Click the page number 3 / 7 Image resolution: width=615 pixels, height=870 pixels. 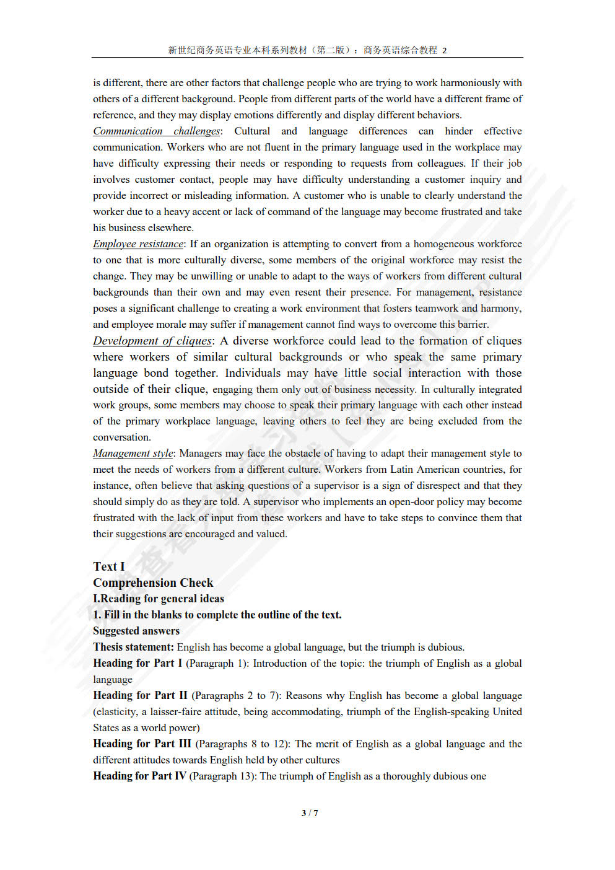(x=310, y=813)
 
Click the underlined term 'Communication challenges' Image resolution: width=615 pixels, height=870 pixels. (x=156, y=131)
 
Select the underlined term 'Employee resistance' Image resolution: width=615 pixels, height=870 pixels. (x=138, y=244)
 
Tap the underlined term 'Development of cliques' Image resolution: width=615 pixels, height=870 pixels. (x=152, y=341)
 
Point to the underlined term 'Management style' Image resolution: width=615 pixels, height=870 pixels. (x=133, y=454)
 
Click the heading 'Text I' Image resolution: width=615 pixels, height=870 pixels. (x=109, y=566)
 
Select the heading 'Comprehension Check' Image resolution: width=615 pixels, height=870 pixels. (x=153, y=582)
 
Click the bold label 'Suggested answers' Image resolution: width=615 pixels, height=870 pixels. (x=136, y=631)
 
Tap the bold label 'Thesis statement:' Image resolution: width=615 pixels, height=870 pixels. (x=133, y=647)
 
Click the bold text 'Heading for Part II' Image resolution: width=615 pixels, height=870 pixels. (x=140, y=695)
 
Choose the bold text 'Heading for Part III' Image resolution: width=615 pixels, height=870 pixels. (x=142, y=744)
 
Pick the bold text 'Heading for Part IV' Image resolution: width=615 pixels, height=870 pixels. (x=139, y=776)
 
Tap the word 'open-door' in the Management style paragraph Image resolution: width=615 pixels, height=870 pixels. (x=411, y=502)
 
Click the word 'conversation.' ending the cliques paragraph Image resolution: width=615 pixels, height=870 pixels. (x=122, y=437)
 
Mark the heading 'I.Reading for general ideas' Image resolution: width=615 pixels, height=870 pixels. (x=159, y=599)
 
